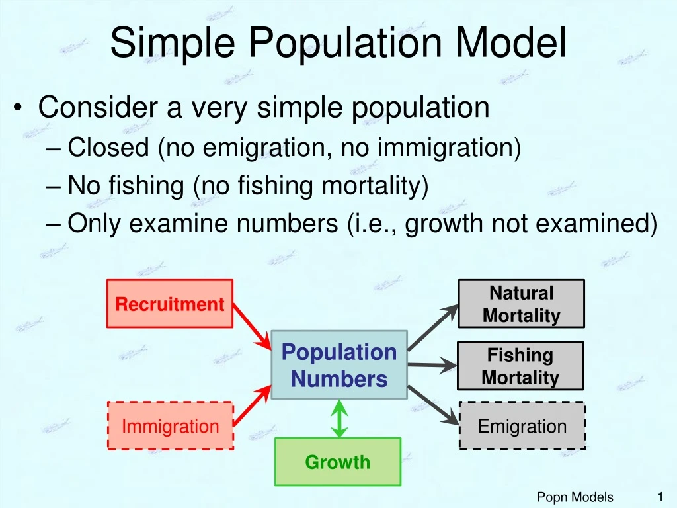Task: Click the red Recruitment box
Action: (170, 304)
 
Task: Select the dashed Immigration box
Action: (170, 426)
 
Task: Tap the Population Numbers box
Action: (339, 365)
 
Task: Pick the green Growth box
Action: (338, 462)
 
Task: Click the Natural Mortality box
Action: (521, 304)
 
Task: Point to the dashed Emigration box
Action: (522, 426)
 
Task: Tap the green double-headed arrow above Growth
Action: (339, 418)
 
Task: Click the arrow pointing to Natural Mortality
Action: (432, 327)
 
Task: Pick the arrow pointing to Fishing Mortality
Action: (432, 364)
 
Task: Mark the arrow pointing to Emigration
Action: (433, 404)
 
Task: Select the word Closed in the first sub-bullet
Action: (108, 148)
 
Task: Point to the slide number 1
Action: (659, 497)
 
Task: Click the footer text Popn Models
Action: (575, 497)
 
